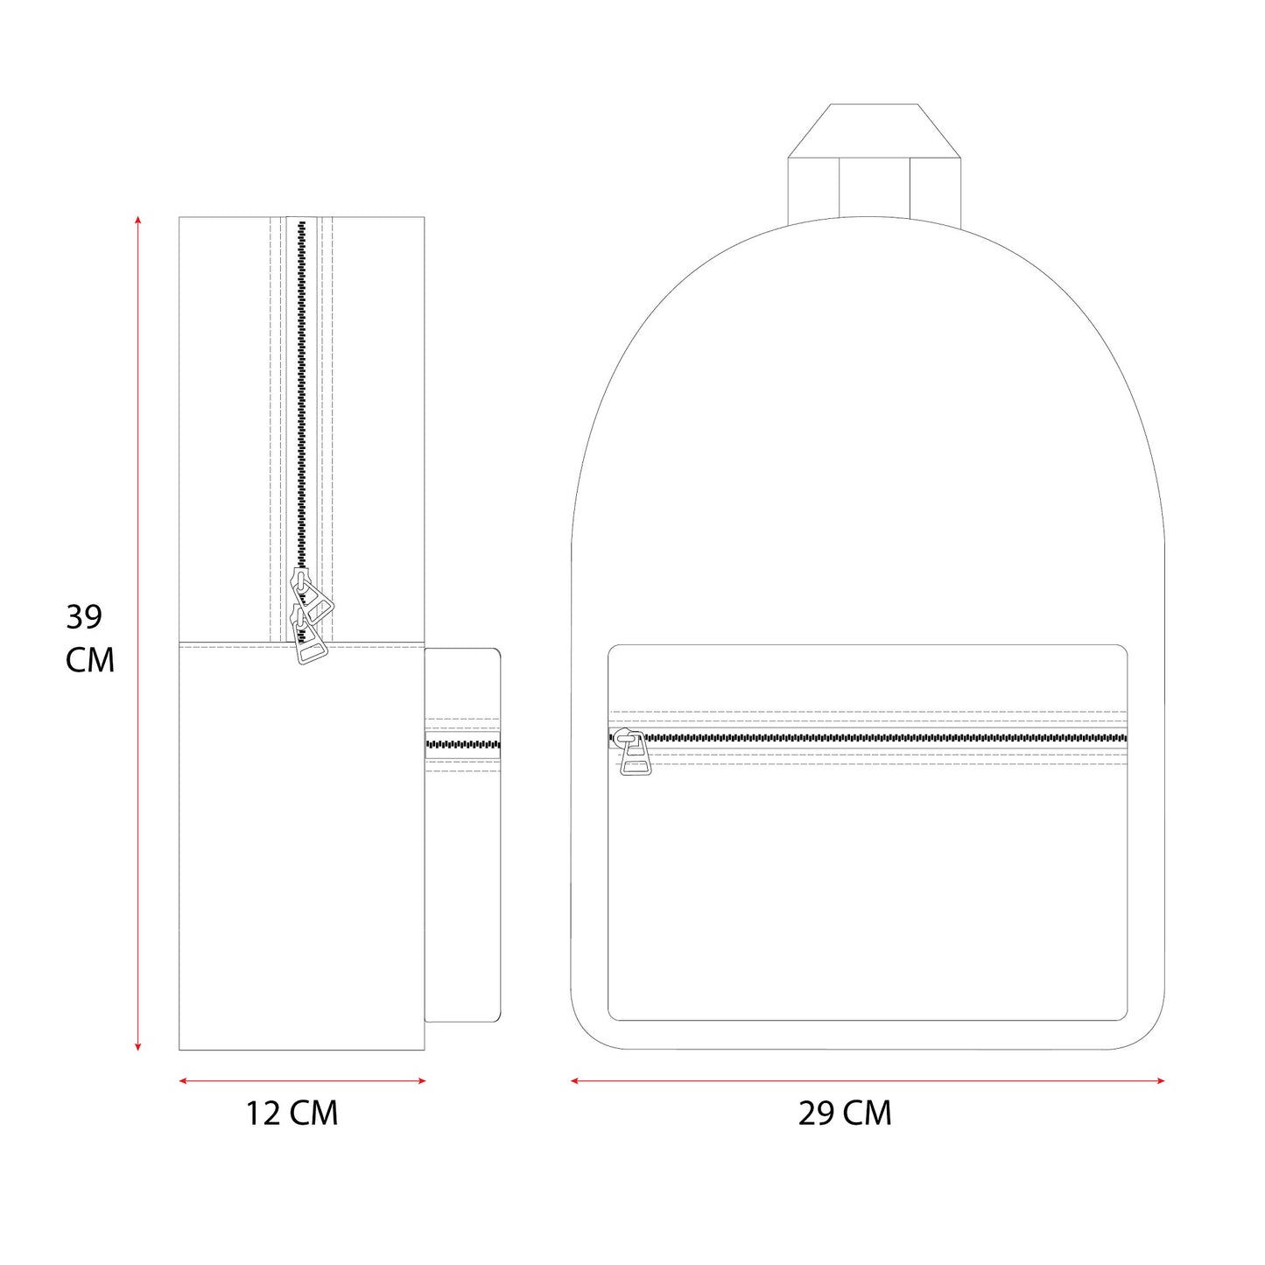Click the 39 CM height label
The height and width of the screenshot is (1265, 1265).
pyautogui.click(x=90, y=638)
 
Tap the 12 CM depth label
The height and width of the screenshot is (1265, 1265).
pyautogui.click(x=292, y=1114)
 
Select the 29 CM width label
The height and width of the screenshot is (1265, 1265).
pyautogui.click(x=845, y=1114)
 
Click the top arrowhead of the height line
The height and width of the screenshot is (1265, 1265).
pyautogui.click(x=137, y=220)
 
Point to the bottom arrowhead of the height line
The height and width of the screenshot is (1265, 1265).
pyautogui.click(x=137, y=1046)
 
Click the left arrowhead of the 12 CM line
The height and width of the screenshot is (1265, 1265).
pyautogui.click(x=183, y=1080)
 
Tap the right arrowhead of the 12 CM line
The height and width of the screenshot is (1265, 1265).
pyautogui.click(x=421, y=1080)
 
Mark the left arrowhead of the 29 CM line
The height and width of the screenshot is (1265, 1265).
pyautogui.click(x=575, y=1080)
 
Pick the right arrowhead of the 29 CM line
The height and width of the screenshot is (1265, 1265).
pyautogui.click(x=1160, y=1080)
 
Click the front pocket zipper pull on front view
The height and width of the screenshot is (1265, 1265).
pyautogui.click(x=634, y=755)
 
